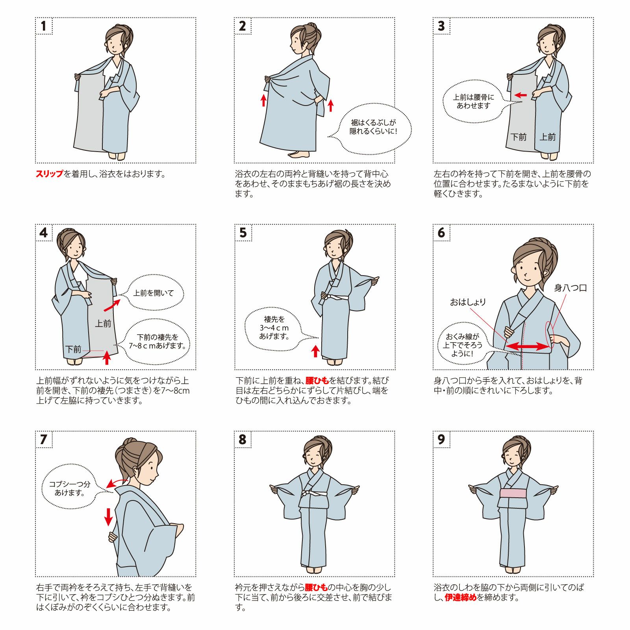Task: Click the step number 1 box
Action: click(x=44, y=26)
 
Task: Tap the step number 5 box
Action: click(x=243, y=233)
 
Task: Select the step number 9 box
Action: click(x=441, y=439)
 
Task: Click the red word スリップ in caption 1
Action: click(x=50, y=174)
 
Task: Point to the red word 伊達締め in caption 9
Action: click(x=461, y=597)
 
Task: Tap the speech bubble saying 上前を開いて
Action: click(x=153, y=293)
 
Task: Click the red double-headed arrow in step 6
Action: click(x=528, y=346)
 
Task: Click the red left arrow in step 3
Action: click(x=521, y=95)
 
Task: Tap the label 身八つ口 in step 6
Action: click(x=571, y=288)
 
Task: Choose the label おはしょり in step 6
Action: click(x=468, y=302)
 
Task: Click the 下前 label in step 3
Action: click(x=519, y=137)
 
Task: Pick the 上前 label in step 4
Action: click(x=103, y=324)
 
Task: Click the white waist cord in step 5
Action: click(x=335, y=297)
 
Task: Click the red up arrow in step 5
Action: click(x=315, y=351)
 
